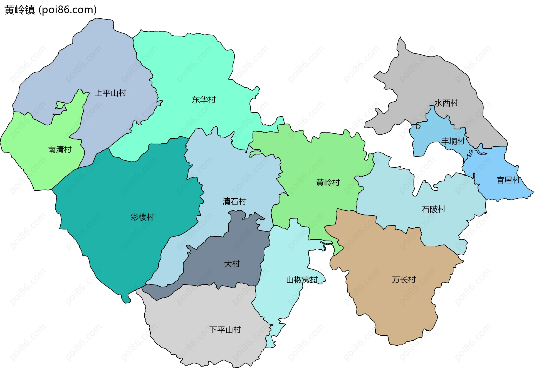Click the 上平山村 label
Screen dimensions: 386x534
click(110, 93)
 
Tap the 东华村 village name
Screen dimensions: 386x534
click(204, 100)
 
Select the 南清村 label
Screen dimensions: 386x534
click(60, 150)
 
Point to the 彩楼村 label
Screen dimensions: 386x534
click(142, 217)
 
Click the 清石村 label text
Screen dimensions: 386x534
click(234, 201)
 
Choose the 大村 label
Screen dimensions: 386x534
click(232, 264)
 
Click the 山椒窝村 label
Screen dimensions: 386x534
click(302, 280)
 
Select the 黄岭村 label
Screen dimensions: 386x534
click(328, 183)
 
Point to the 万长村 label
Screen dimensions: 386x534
click(404, 280)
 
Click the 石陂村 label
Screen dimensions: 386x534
click(433, 209)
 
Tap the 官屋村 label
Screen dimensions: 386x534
click(508, 180)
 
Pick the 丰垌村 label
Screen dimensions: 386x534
click(453, 141)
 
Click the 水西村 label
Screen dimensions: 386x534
click(446, 103)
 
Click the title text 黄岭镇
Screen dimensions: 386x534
click(20, 10)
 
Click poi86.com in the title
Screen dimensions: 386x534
click(68, 10)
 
